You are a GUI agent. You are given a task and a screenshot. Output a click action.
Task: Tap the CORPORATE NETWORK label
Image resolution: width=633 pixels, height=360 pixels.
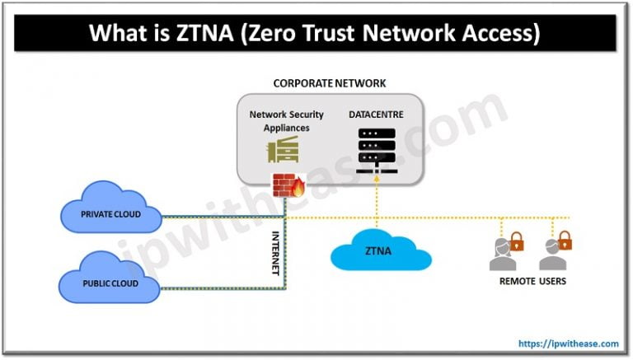coord(329,83)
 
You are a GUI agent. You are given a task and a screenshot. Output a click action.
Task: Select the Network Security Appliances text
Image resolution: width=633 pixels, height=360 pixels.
coord(286,121)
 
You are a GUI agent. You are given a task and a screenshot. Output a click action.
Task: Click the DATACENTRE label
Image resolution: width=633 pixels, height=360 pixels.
coord(375,115)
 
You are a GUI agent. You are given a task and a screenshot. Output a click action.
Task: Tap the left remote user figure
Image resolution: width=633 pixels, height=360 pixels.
coord(502,256)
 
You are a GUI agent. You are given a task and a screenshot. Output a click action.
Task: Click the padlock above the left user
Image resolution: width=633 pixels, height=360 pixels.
coord(516,241)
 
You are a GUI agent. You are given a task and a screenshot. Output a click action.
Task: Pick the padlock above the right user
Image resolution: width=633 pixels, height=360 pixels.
coord(565,241)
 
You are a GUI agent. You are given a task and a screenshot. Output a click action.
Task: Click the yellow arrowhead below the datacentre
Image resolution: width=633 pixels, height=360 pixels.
coord(377,189)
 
